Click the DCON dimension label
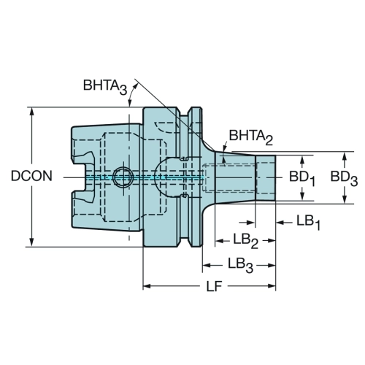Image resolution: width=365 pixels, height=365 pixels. [x=31, y=176]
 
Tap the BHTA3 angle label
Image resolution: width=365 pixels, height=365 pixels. [x=105, y=86]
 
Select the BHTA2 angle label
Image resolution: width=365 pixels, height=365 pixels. [x=251, y=137]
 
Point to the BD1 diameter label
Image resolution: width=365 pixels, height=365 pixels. [x=302, y=179]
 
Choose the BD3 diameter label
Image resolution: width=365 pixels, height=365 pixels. [x=344, y=179]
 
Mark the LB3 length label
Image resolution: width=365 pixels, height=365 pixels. [x=240, y=265]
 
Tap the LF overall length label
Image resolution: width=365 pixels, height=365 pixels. [x=215, y=286]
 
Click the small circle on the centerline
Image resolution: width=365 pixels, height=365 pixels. [x=123, y=177]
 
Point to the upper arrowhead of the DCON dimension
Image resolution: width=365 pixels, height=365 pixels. [x=31, y=112]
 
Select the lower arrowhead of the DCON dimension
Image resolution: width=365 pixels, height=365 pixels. [x=31, y=242]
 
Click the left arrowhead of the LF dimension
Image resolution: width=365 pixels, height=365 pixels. [x=147, y=286]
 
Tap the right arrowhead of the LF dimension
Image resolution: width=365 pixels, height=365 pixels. [x=271, y=286]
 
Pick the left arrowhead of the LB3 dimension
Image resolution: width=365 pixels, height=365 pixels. [x=207, y=265]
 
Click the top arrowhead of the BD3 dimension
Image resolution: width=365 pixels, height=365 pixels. [x=344, y=156]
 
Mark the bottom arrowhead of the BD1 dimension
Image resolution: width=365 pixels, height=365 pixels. [x=302, y=196]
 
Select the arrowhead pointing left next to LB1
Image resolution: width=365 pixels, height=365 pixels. [x=280, y=223]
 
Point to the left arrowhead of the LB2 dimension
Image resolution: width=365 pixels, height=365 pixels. [x=220, y=241]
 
